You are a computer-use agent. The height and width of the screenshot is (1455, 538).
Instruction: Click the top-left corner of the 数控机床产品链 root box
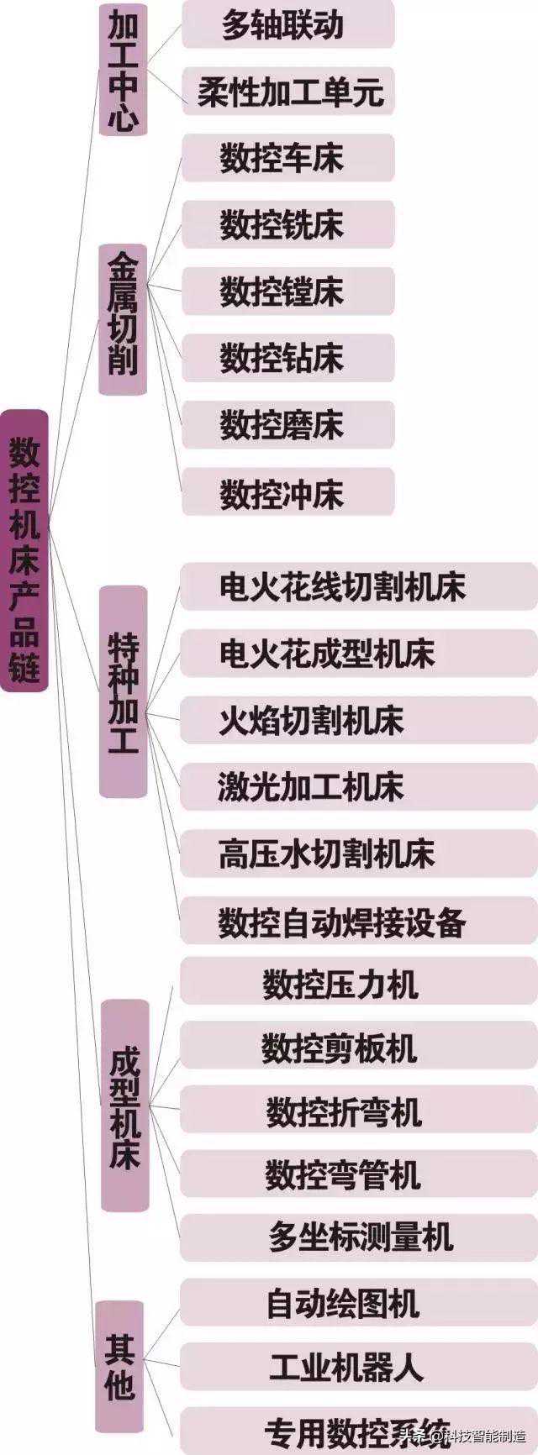pos(1,411)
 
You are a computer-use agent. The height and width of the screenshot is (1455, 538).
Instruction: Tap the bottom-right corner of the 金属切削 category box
pos(147,395)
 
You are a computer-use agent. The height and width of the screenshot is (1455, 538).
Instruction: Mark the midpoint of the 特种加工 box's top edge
pos(124,586)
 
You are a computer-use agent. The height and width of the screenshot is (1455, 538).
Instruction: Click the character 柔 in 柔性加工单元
pos(213,92)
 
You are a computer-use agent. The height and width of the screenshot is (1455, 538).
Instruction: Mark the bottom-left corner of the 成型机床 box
pos(101,1211)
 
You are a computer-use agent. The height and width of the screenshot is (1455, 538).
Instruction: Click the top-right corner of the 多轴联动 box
pos(394,1)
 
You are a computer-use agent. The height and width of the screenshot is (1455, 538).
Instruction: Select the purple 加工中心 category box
pos(123,69)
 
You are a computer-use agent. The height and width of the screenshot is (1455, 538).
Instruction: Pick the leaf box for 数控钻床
pos(287,359)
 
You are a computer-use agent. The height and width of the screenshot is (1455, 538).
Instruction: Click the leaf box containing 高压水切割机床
pos(359,854)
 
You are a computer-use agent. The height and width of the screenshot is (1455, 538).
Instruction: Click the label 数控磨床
pos(282,425)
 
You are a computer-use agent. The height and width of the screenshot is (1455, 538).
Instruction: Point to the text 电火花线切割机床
pos(342,587)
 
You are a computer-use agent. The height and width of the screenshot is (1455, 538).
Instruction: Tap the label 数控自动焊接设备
pos(342,922)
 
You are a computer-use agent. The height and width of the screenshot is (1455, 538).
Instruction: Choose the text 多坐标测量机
pos(361,1237)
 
